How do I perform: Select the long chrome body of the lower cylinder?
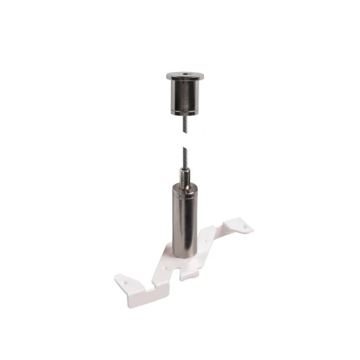point(180,217)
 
